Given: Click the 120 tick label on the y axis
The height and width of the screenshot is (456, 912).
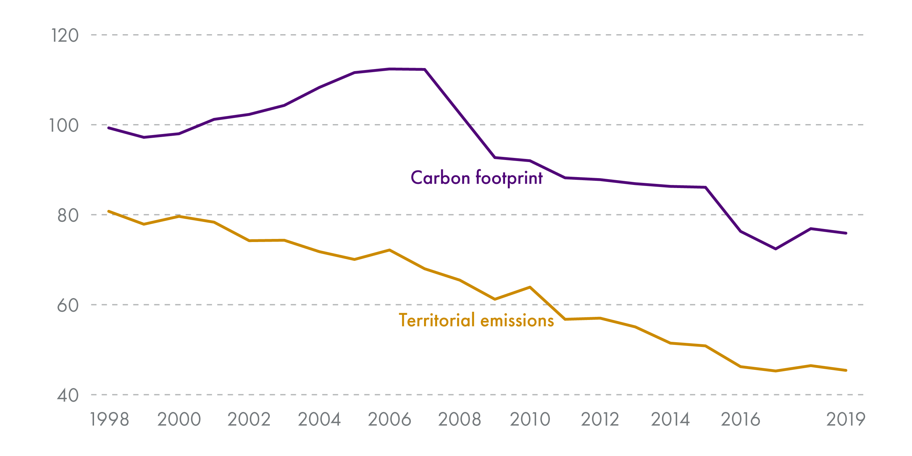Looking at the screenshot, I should pyautogui.click(x=65, y=36).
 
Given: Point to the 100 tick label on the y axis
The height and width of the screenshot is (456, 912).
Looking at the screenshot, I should pyautogui.click(x=64, y=126).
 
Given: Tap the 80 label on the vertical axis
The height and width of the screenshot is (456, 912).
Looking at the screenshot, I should pyautogui.click(x=68, y=216).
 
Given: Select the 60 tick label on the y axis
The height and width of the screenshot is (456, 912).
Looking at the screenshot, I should pyautogui.click(x=68, y=306).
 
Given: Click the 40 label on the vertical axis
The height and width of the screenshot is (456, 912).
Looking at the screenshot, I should pyautogui.click(x=68, y=395).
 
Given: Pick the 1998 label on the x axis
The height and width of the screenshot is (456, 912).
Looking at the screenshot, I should pyautogui.click(x=109, y=419).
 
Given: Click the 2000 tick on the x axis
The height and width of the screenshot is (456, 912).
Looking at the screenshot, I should pyautogui.click(x=179, y=419).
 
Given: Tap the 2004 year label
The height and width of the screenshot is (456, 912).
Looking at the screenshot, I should pyautogui.click(x=319, y=419).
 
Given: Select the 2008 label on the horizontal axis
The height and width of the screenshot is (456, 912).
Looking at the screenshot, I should pyautogui.click(x=460, y=419).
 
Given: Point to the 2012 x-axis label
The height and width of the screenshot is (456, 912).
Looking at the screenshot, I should pyautogui.click(x=600, y=419).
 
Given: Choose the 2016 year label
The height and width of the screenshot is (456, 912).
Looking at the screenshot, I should pyautogui.click(x=741, y=419).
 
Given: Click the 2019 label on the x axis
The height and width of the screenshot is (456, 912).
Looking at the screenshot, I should pyautogui.click(x=845, y=419).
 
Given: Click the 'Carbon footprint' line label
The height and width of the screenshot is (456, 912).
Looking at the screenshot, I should pyautogui.click(x=477, y=178).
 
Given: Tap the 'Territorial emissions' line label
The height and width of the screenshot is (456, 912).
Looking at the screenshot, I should pyautogui.click(x=476, y=320).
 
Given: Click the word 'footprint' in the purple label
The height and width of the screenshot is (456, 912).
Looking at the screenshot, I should pyautogui.click(x=509, y=178).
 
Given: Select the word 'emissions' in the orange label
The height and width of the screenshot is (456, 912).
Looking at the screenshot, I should pyautogui.click(x=517, y=320).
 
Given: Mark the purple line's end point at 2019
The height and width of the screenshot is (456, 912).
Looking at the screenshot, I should pyautogui.click(x=846, y=233).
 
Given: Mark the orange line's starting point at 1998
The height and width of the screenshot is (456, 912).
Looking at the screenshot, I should pyautogui.click(x=109, y=211).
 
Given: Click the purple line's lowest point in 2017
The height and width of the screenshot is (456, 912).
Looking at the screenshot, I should pyautogui.click(x=776, y=249).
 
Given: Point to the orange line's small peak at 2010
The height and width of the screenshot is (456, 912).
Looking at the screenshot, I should pyautogui.click(x=530, y=287).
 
